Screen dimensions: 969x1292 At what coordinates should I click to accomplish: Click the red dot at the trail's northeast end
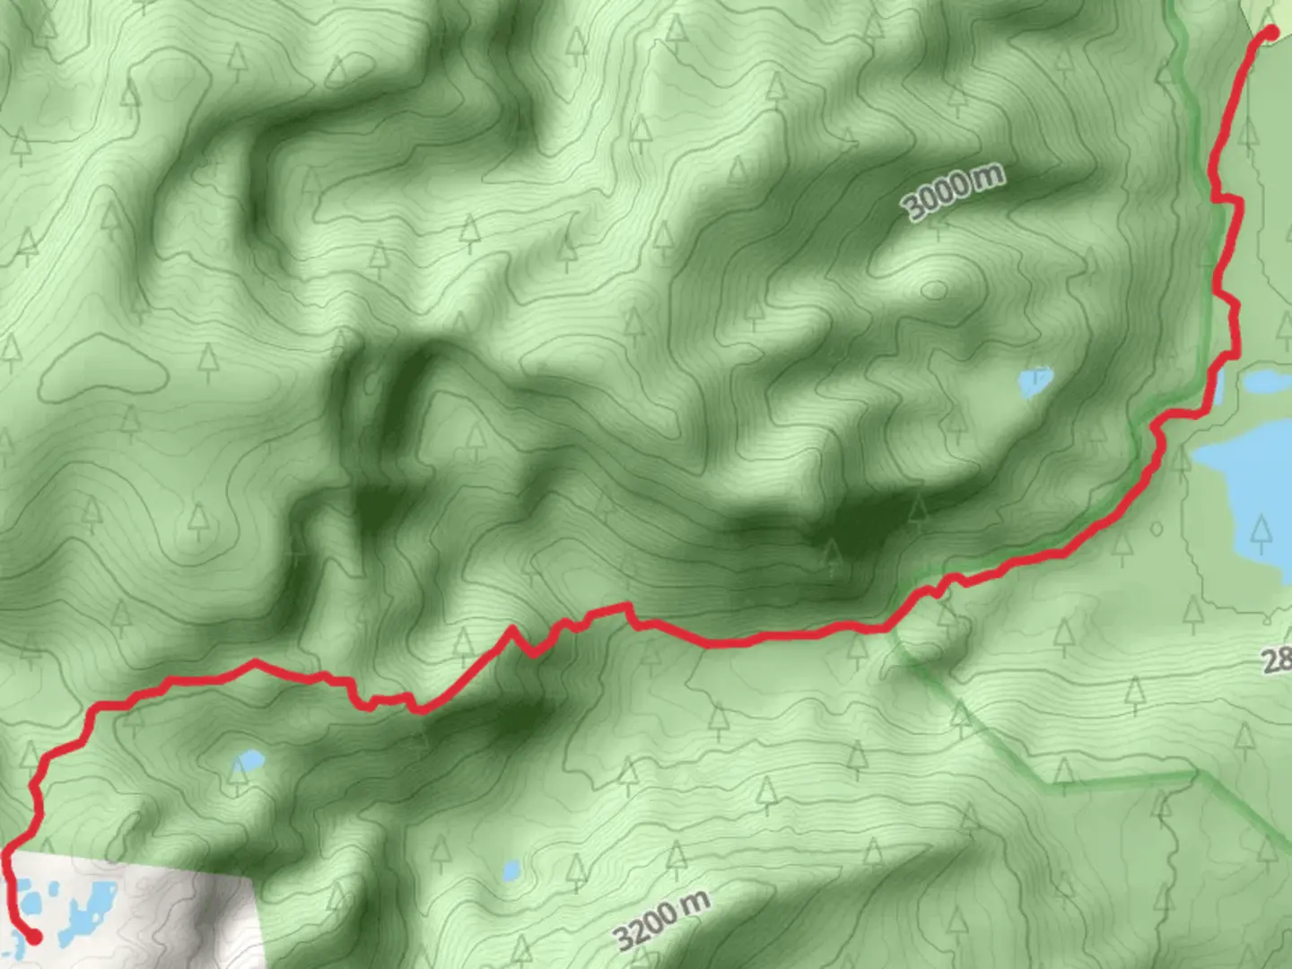tap(1270, 34)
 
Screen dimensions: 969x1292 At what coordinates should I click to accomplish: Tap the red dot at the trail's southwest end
tap(34, 937)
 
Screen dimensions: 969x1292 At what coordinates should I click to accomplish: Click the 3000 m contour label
tap(953, 192)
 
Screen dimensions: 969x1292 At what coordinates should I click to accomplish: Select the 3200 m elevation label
tap(662, 919)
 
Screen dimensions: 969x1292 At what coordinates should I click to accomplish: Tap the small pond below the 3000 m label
tap(1034, 382)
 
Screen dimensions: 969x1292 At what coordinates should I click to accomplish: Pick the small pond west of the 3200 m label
tap(511, 869)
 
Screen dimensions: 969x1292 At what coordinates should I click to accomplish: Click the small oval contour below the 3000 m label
tap(934, 290)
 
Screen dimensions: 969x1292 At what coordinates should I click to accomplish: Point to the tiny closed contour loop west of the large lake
tap(1156, 528)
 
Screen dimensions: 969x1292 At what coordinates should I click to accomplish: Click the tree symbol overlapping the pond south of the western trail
tap(239, 773)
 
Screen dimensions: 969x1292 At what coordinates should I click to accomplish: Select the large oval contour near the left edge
tap(103, 369)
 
